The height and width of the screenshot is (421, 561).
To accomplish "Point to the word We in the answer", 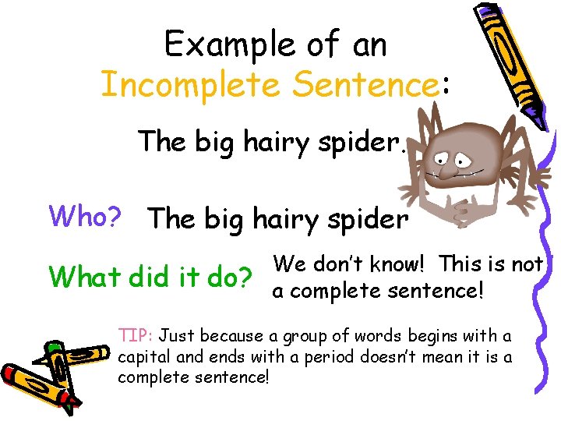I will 289,265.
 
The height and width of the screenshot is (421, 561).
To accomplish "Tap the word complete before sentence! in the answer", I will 339,292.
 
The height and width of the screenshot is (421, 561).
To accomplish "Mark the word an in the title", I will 369,44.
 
